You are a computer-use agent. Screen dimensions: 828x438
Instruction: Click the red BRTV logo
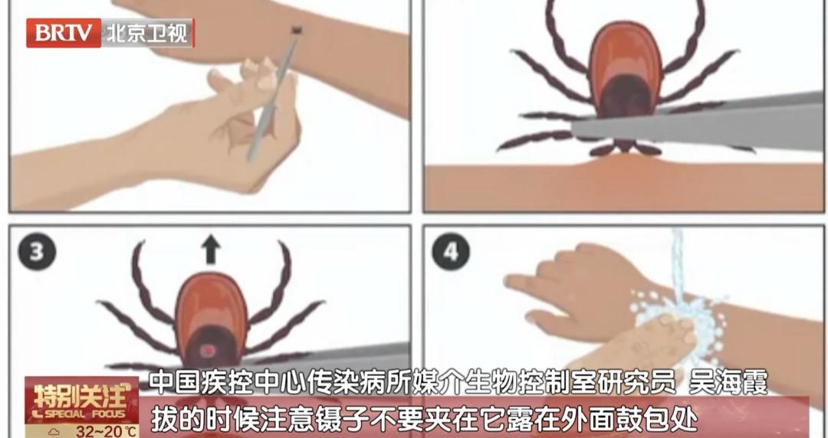coord(64,33)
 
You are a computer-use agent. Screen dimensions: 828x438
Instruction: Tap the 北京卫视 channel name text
coord(147,33)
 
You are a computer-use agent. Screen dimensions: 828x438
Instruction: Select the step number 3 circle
coord(37,252)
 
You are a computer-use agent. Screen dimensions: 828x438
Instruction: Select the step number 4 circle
coord(451,252)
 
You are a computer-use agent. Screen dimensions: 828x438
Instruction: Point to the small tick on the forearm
coord(297,30)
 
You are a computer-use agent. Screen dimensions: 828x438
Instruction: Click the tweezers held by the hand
coord(274,94)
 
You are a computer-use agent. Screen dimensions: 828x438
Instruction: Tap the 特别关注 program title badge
coord(82,400)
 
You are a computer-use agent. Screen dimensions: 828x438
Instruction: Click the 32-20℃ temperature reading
coord(107,430)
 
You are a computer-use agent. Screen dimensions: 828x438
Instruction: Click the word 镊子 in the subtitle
coord(331,421)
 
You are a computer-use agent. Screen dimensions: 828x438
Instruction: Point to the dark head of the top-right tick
coord(626,96)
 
